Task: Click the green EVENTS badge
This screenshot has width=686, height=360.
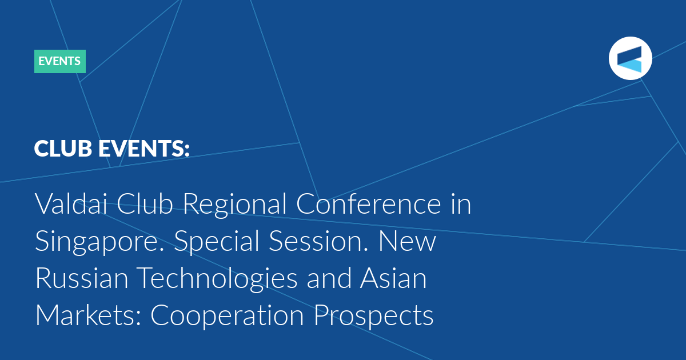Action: (x=60, y=61)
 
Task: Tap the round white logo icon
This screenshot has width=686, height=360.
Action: (x=630, y=58)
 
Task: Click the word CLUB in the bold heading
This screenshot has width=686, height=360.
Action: (x=63, y=149)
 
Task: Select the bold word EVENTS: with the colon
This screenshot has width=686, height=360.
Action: (x=144, y=149)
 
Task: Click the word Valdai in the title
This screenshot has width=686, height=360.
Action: (x=71, y=203)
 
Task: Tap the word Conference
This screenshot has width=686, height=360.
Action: (x=368, y=203)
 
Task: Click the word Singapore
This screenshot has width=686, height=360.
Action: (x=99, y=242)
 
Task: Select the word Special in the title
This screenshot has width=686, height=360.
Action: (x=217, y=242)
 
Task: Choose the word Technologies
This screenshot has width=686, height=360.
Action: (x=217, y=279)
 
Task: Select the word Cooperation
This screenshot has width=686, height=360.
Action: (x=227, y=316)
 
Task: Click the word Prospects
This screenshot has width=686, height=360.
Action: (x=374, y=316)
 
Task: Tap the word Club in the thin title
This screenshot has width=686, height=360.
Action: (x=145, y=203)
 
